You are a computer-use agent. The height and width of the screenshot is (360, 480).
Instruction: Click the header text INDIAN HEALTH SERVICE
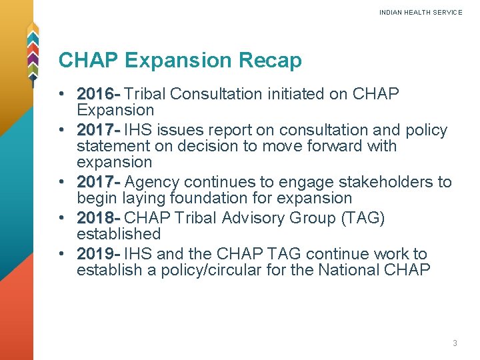[420, 13]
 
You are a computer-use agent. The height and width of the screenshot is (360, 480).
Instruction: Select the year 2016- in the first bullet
[98, 94]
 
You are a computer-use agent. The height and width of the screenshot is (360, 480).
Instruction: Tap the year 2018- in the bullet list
[98, 218]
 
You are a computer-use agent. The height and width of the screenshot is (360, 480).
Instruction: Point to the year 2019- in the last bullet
[98, 254]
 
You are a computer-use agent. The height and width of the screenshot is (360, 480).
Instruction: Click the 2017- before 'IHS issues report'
[98, 130]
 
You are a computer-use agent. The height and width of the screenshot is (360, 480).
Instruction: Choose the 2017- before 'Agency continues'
[98, 182]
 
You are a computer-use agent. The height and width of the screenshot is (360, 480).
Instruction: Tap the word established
[119, 234]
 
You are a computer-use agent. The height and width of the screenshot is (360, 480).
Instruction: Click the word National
[351, 270]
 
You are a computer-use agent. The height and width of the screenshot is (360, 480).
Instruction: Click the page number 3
[455, 343]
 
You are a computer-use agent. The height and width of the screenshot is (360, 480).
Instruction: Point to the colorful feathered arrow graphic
[32, 53]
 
